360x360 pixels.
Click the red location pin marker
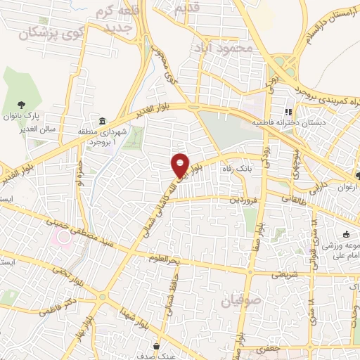181,165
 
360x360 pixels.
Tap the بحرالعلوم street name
165,258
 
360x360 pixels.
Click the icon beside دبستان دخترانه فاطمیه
288,112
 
